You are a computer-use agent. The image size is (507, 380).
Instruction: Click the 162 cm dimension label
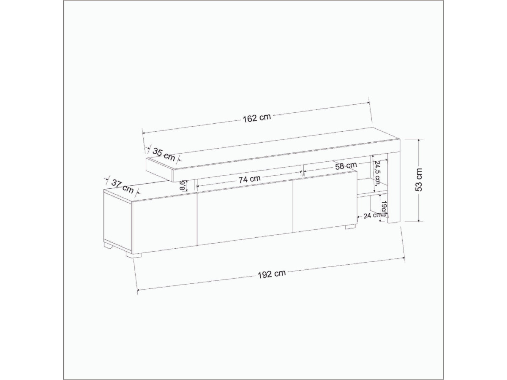[x=256, y=118]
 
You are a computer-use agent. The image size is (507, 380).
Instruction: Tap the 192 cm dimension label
[x=272, y=274]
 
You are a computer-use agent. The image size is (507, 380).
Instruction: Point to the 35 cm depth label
[x=164, y=155]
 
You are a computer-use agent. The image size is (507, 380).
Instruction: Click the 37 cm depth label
[x=123, y=186]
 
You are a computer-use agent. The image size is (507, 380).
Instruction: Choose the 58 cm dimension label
[x=346, y=166]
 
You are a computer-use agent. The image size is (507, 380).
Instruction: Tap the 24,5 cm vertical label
[x=377, y=173]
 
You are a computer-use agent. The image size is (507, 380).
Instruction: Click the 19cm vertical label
[x=384, y=209]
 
